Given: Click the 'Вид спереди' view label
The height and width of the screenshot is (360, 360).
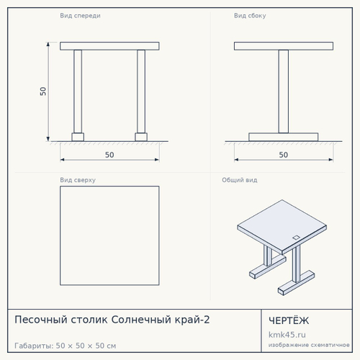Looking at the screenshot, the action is [x=80, y=16].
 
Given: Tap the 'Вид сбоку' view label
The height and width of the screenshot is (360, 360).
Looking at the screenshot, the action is [x=250, y=16].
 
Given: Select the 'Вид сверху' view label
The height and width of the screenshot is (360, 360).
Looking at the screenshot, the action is [x=78, y=180].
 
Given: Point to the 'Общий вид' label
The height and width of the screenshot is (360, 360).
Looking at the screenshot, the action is [x=240, y=180].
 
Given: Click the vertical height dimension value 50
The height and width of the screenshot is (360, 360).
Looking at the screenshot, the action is [x=43, y=91].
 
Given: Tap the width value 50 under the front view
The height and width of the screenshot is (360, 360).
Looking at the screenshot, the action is [x=109, y=155].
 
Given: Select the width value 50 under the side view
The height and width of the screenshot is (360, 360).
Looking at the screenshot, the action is [x=284, y=155].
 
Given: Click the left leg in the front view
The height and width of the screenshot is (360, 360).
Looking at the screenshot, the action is [x=78, y=91].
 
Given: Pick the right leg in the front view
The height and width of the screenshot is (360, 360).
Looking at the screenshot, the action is [x=141, y=91].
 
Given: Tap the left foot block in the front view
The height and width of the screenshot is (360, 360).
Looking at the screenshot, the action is [x=78, y=137].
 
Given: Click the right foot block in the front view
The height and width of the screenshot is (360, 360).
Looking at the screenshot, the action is [x=141, y=137].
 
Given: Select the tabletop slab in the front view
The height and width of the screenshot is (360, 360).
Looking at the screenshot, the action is [x=109, y=46].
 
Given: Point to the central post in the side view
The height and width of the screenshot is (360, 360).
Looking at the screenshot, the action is [x=284, y=91].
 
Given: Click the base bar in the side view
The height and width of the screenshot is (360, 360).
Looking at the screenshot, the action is [x=284, y=137].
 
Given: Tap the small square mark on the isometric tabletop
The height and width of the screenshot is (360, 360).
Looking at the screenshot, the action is [x=296, y=238].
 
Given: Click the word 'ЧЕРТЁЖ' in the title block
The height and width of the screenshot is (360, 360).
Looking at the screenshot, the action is [x=289, y=320].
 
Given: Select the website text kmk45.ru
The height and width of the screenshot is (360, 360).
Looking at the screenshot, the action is [x=287, y=335].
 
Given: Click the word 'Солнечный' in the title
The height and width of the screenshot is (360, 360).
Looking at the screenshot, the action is [x=141, y=320].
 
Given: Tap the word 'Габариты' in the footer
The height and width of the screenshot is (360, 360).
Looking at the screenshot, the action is [x=34, y=346].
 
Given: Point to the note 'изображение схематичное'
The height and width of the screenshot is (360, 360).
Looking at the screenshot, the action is [x=309, y=345].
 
